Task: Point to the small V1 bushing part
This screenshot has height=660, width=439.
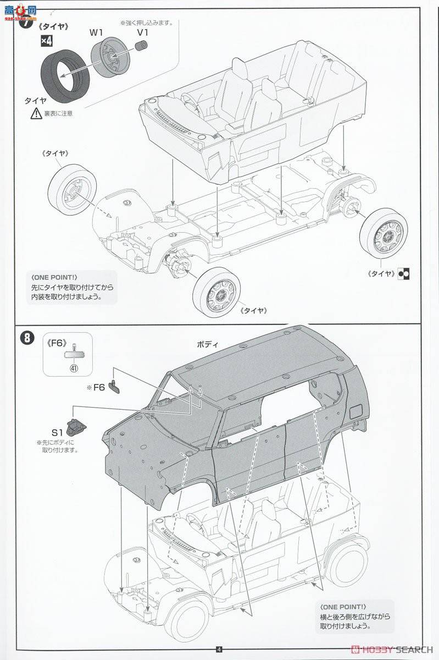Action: click(x=142, y=50)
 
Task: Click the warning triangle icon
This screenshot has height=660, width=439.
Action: click(x=36, y=114)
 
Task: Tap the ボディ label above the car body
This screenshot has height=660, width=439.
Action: click(x=207, y=344)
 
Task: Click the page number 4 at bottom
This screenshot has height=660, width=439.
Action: click(x=219, y=649)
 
